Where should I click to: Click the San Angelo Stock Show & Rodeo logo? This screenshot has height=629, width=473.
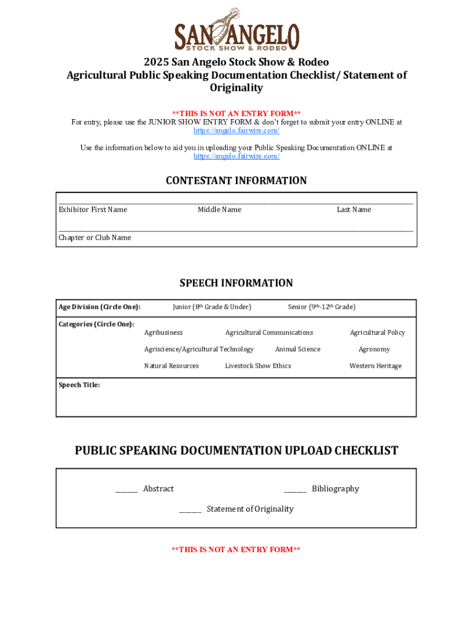tap(237, 29)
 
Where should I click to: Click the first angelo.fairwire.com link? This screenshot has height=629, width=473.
tap(237, 131)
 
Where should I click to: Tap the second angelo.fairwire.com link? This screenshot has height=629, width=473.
tap(237, 156)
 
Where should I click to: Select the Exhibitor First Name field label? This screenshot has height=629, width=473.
tap(93, 210)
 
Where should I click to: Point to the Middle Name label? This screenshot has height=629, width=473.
tap(219, 210)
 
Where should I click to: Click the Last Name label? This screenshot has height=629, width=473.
tap(354, 210)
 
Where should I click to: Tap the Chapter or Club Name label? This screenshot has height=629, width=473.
tap(95, 238)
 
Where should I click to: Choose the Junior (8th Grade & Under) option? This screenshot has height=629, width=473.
tap(212, 307)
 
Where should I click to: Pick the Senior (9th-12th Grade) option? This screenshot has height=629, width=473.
tap(321, 307)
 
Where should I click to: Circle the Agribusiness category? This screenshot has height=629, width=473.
tap(163, 333)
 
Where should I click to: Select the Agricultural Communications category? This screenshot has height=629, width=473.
tap(269, 333)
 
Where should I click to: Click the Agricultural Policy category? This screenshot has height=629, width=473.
tap(377, 333)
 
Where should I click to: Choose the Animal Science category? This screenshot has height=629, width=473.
tap(297, 350)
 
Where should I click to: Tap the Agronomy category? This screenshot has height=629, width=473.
tap(374, 350)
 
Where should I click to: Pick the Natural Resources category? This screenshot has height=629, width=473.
tap(171, 366)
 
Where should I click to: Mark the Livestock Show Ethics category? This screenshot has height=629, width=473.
tap(258, 366)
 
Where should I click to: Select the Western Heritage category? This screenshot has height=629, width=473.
tap(375, 366)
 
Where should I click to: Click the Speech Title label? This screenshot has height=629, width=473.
tap(79, 385)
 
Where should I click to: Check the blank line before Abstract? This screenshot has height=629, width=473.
tap(126, 490)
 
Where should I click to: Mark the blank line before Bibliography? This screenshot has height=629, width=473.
tap(295, 490)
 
